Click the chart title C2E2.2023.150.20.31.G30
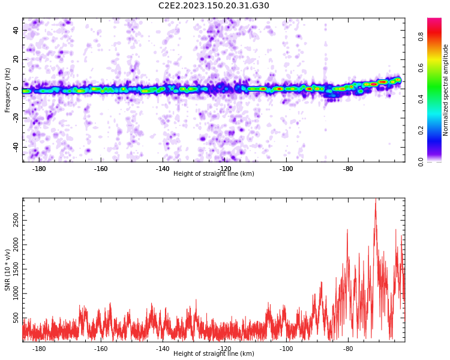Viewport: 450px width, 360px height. tap(214, 5)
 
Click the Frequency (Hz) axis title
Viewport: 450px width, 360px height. tap(7, 90)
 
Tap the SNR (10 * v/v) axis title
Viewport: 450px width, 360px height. tap(7, 270)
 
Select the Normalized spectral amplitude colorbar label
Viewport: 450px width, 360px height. tap(445, 90)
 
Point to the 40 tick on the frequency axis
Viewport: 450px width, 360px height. tap(16, 30)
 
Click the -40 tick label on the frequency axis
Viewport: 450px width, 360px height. tap(16, 147)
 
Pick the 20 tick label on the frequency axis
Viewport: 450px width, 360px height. tap(16, 59)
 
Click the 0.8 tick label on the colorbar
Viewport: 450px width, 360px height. tap(421, 37)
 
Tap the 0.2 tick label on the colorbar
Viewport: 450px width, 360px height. tap(421, 130)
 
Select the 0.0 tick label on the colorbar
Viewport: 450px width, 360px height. tap(421, 162)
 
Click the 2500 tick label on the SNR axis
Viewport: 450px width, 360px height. tap(16, 220)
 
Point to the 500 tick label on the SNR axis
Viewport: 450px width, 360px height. tap(16, 318)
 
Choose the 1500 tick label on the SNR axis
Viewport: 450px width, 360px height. tap(16, 269)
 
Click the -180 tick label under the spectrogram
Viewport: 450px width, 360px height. tap(39, 169)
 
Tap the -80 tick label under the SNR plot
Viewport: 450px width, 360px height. tap(348, 349)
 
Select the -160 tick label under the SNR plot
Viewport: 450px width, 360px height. tap(101, 349)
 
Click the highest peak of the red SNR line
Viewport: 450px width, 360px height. tap(376, 199)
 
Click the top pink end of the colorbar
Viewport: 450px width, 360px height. tap(434, 19)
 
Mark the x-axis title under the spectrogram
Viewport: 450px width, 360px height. tap(214, 173)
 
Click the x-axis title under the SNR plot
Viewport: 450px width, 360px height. tap(214, 353)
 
